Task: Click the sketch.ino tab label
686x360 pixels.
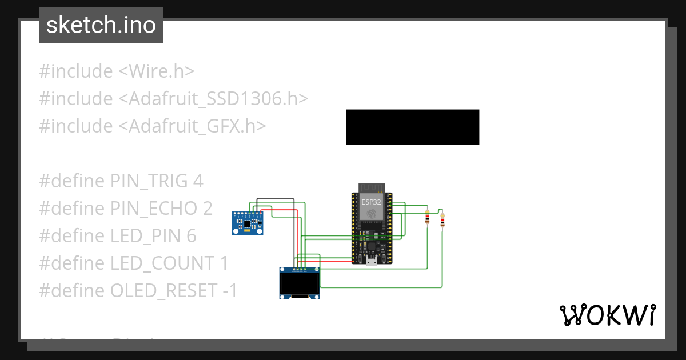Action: [x=101, y=25]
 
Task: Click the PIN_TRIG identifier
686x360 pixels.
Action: [x=149, y=181]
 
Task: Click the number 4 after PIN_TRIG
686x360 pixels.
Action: [x=198, y=181]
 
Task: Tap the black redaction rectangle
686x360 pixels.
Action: [x=412, y=127]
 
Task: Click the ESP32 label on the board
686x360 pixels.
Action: [x=371, y=202]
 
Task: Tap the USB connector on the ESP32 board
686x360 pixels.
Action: [x=372, y=262]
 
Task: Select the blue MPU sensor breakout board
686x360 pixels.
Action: [x=247, y=222]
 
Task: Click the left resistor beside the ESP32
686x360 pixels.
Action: [x=428, y=218]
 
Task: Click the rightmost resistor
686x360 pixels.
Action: [x=442, y=220]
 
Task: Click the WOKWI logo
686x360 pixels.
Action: [x=607, y=315]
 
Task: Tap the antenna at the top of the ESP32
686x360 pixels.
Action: [x=372, y=188]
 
